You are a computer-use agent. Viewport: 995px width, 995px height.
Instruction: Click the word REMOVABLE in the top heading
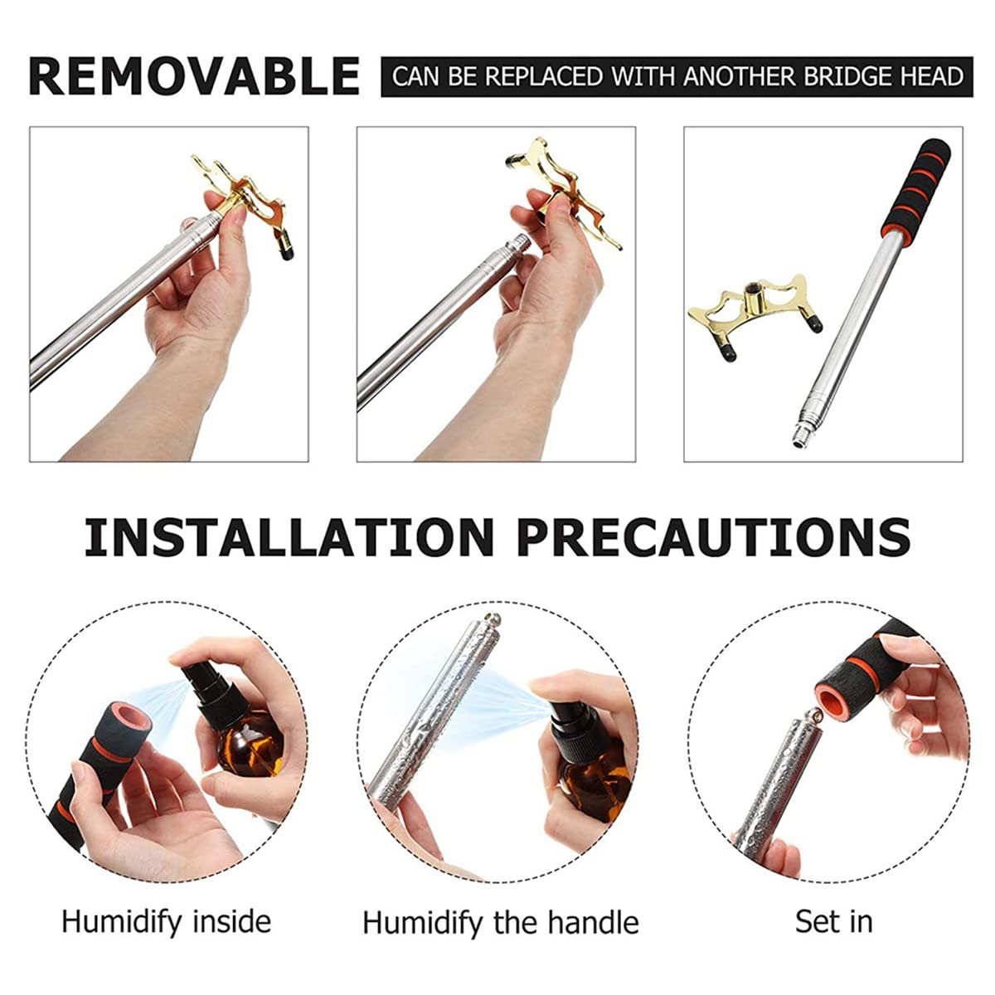point(194,76)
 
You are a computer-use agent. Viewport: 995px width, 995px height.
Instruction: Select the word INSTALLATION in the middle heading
point(289,537)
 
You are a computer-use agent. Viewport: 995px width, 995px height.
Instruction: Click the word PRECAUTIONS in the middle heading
point(714,537)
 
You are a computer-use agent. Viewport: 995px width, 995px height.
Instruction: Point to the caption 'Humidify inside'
point(167,923)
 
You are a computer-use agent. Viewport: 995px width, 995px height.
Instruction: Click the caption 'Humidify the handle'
point(500,923)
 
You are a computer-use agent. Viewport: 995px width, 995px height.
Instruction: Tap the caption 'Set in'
point(834,922)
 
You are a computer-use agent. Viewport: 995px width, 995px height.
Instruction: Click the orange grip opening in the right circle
point(835,696)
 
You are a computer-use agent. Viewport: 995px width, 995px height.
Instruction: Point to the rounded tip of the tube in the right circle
point(815,715)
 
